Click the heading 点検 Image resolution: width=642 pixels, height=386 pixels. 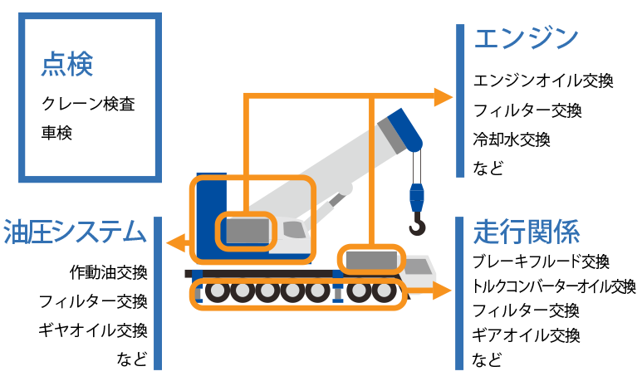pos(66,65)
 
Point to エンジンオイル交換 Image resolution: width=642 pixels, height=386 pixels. pos(542,81)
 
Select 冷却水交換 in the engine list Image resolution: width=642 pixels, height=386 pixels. pos(512,139)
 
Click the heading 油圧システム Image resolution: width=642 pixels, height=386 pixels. pos(75,232)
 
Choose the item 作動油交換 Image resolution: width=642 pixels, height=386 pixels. pos(109,272)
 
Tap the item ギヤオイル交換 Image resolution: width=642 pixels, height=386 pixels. pos(93,330)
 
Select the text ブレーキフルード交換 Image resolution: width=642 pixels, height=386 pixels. pos(541,262)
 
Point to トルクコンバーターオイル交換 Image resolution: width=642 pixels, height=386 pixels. pos(553,287)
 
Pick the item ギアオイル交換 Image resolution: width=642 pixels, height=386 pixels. pos(526,335)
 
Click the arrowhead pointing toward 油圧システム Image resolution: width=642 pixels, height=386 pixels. pos(174,243)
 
